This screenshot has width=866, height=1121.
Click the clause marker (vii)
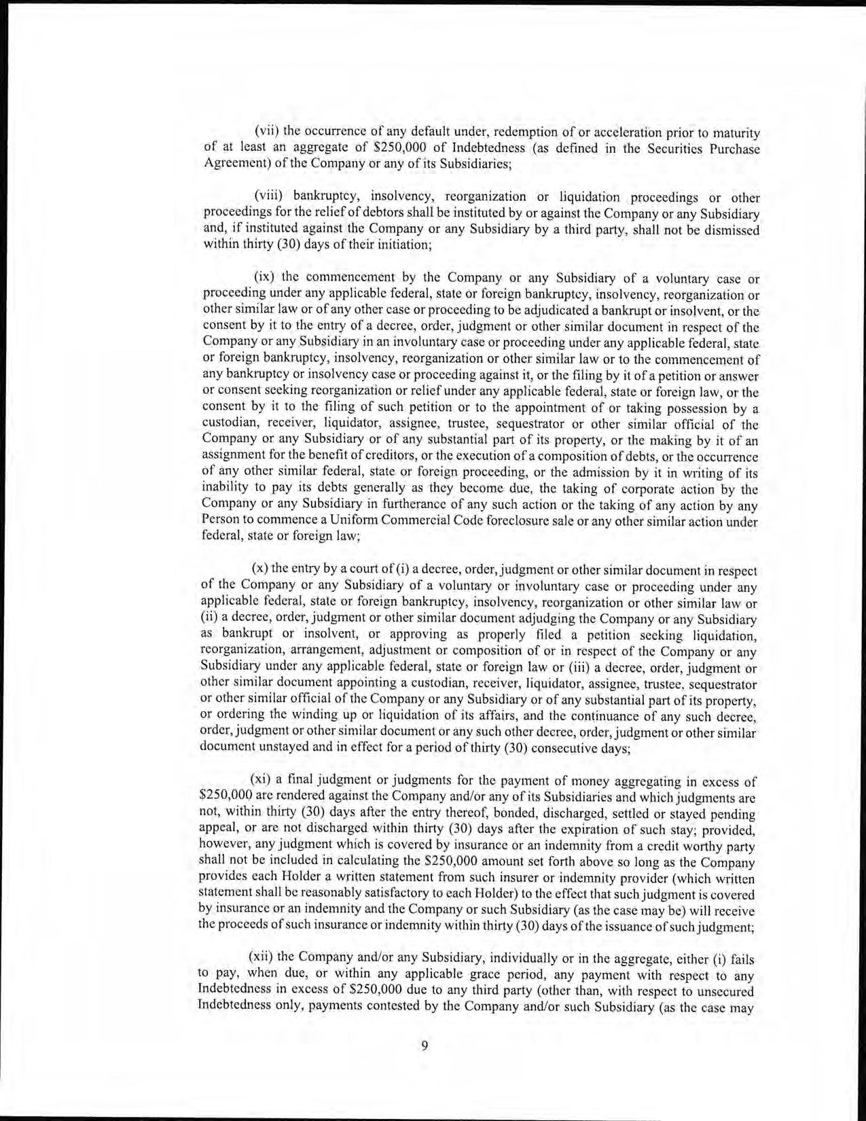pos(266,131)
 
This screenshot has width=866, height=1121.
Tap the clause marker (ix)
pos(265,277)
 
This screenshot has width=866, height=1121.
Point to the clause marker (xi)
pos(262,782)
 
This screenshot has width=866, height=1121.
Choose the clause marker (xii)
pos(264,957)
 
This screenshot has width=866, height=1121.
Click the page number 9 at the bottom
pos(425,1046)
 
